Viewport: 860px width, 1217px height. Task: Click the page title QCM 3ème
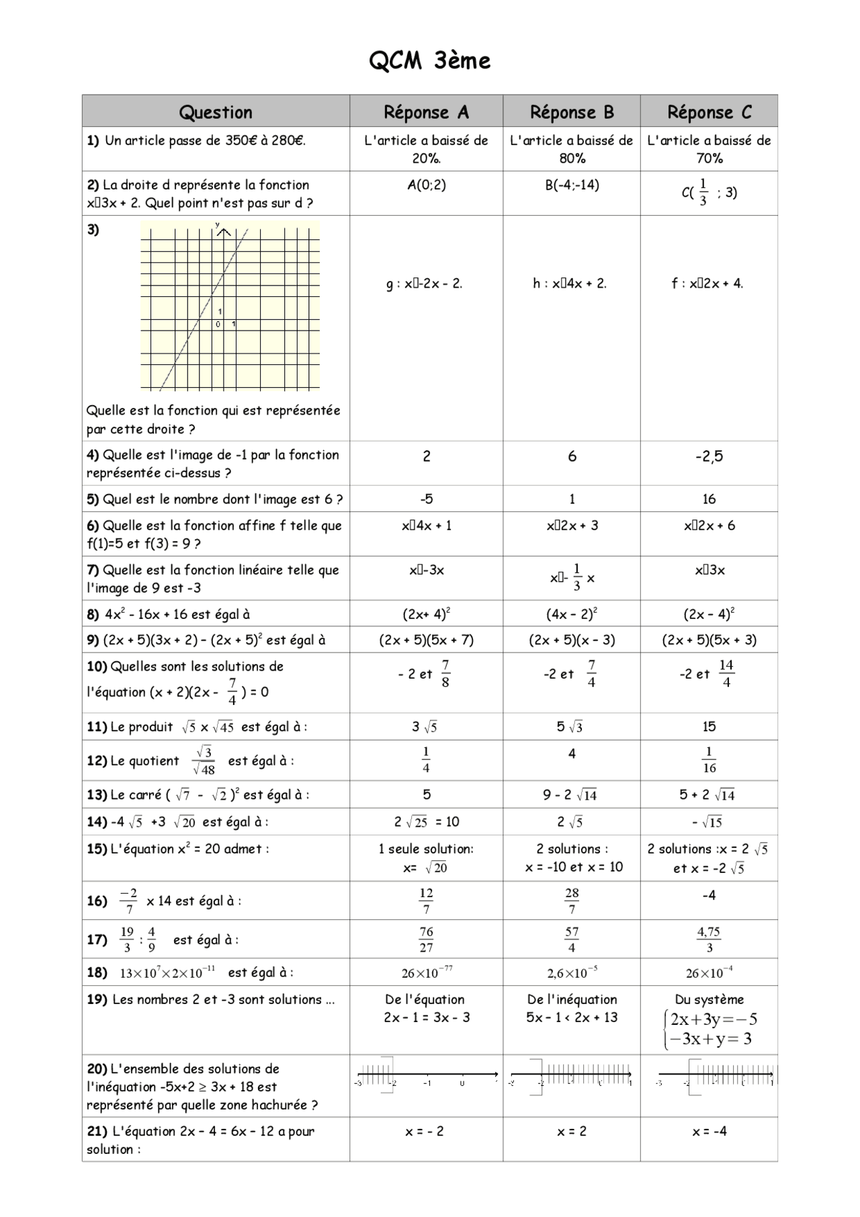point(429,61)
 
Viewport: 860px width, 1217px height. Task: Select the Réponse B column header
point(572,112)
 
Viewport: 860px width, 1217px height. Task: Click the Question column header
point(216,112)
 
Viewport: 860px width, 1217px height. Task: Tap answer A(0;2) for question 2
point(426,185)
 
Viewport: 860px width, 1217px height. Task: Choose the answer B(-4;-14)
point(572,185)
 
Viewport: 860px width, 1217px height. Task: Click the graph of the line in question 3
point(230,306)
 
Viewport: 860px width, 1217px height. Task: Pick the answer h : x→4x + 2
point(570,284)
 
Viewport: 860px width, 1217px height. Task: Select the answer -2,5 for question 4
point(709,457)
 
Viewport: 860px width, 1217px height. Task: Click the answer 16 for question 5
point(709,499)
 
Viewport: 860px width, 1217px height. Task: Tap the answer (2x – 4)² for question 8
point(709,614)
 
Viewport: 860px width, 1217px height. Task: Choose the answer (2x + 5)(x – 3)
point(572,640)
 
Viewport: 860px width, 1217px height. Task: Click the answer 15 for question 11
point(709,726)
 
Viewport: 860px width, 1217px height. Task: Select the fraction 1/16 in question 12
point(709,760)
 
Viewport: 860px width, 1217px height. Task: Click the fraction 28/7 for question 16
point(572,900)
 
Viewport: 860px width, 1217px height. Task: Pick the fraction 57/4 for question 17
point(572,939)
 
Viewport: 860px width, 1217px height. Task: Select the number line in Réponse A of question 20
point(426,1077)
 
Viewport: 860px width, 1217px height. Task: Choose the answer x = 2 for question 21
point(572,1132)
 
